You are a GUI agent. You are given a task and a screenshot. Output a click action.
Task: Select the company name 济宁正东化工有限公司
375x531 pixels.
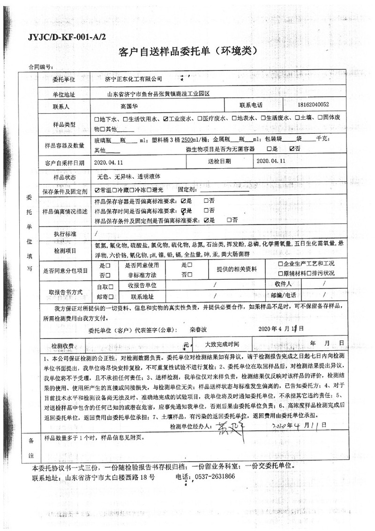[127, 78]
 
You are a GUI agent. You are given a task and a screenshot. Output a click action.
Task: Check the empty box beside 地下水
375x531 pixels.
[97, 119]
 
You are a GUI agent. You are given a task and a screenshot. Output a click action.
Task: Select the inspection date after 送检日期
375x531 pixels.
[271, 162]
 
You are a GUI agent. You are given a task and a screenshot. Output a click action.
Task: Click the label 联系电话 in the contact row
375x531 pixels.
[252, 105]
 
